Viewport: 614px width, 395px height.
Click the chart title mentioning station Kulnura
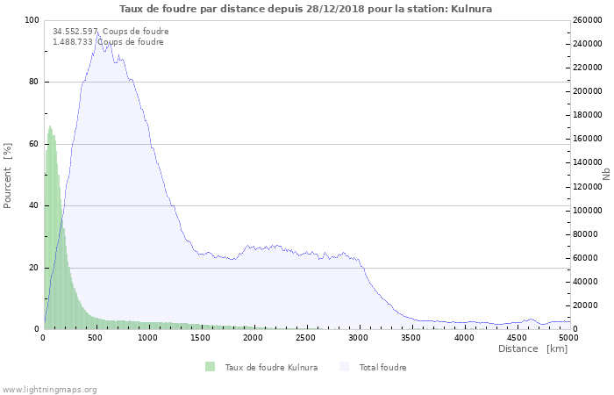tap(305, 9)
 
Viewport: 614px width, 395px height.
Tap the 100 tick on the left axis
tap(32, 20)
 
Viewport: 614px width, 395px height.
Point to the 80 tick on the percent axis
tap(34, 83)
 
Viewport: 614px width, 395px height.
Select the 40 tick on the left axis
tap(34, 206)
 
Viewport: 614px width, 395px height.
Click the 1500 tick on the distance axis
tap(201, 338)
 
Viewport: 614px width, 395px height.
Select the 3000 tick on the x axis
tap(359, 338)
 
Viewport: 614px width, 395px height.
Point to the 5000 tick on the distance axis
tap(569, 338)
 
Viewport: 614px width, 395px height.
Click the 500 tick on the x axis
tap(96, 338)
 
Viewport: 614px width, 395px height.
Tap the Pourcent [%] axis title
tap(8, 175)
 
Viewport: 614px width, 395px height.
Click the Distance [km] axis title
tap(532, 349)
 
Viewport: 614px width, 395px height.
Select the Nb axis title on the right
tap(606, 175)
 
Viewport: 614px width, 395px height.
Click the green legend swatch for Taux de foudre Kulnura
tap(211, 367)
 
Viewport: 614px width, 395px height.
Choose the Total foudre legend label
tap(382, 367)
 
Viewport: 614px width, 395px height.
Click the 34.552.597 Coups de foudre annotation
tap(111, 32)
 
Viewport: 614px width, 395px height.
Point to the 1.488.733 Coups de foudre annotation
tap(108, 42)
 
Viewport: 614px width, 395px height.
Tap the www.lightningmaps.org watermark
tap(50, 389)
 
